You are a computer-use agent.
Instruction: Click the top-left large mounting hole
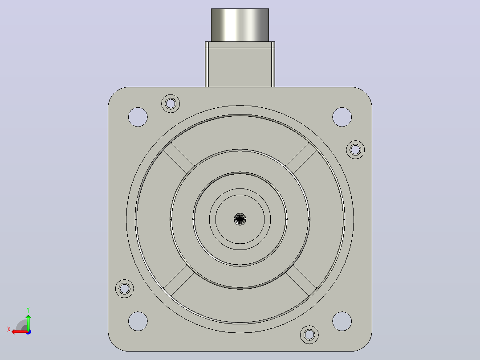click(138, 117)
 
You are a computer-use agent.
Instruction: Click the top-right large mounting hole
click(342, 117)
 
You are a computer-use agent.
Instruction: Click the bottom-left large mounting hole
click(138, 321)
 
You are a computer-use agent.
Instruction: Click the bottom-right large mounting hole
click(342, 321)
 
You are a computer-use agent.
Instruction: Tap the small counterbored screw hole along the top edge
click(171, 103)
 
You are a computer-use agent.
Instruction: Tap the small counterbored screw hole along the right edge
click(355, 150)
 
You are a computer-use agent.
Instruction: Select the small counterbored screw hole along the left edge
click(125, 289)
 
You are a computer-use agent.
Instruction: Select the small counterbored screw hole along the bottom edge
click(309, 335)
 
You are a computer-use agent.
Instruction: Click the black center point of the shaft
click(240, 219)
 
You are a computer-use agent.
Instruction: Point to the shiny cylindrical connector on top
click(240, 25)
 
